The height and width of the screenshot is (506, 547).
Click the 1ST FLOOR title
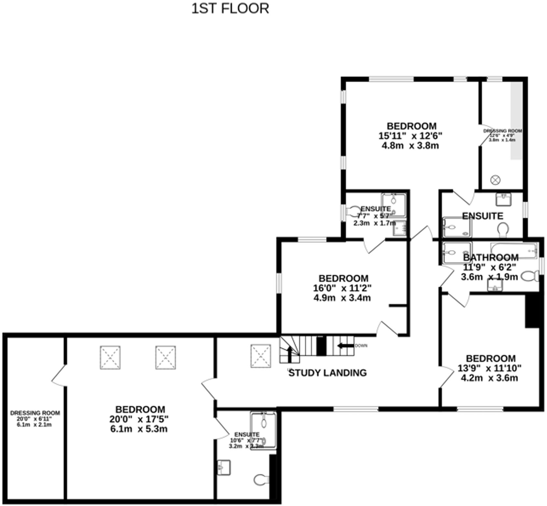click(230, 9)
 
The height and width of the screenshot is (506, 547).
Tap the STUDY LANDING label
click(328, 373)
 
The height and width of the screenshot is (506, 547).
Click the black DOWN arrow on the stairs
click(345, 346)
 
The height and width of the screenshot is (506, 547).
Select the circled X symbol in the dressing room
click(495, 180)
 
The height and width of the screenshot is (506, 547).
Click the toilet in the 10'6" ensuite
click(260, 480)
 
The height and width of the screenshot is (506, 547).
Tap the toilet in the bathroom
click(529, 277)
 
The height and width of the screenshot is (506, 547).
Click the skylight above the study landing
click(260, 356)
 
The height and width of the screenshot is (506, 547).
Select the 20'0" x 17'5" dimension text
click(139, 419)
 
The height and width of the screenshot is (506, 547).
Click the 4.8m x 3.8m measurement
click(410, 145)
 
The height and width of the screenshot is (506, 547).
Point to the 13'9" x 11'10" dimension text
click(489, 368)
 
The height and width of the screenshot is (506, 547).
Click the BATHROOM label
click(491, 258)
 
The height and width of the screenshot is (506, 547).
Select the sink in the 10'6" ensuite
click(224, 467)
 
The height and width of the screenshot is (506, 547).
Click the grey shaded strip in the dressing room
click(516, 121)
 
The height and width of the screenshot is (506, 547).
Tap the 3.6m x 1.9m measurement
click(489, 277)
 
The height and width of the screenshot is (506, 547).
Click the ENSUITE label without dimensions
click(483, 216)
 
